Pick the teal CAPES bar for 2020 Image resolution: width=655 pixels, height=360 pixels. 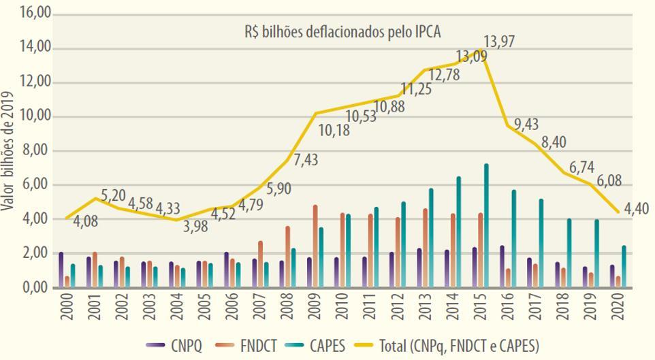point(624,267)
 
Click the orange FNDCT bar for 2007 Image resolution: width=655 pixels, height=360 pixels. point(260,264)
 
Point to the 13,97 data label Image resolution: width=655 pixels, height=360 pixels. point(499,42)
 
